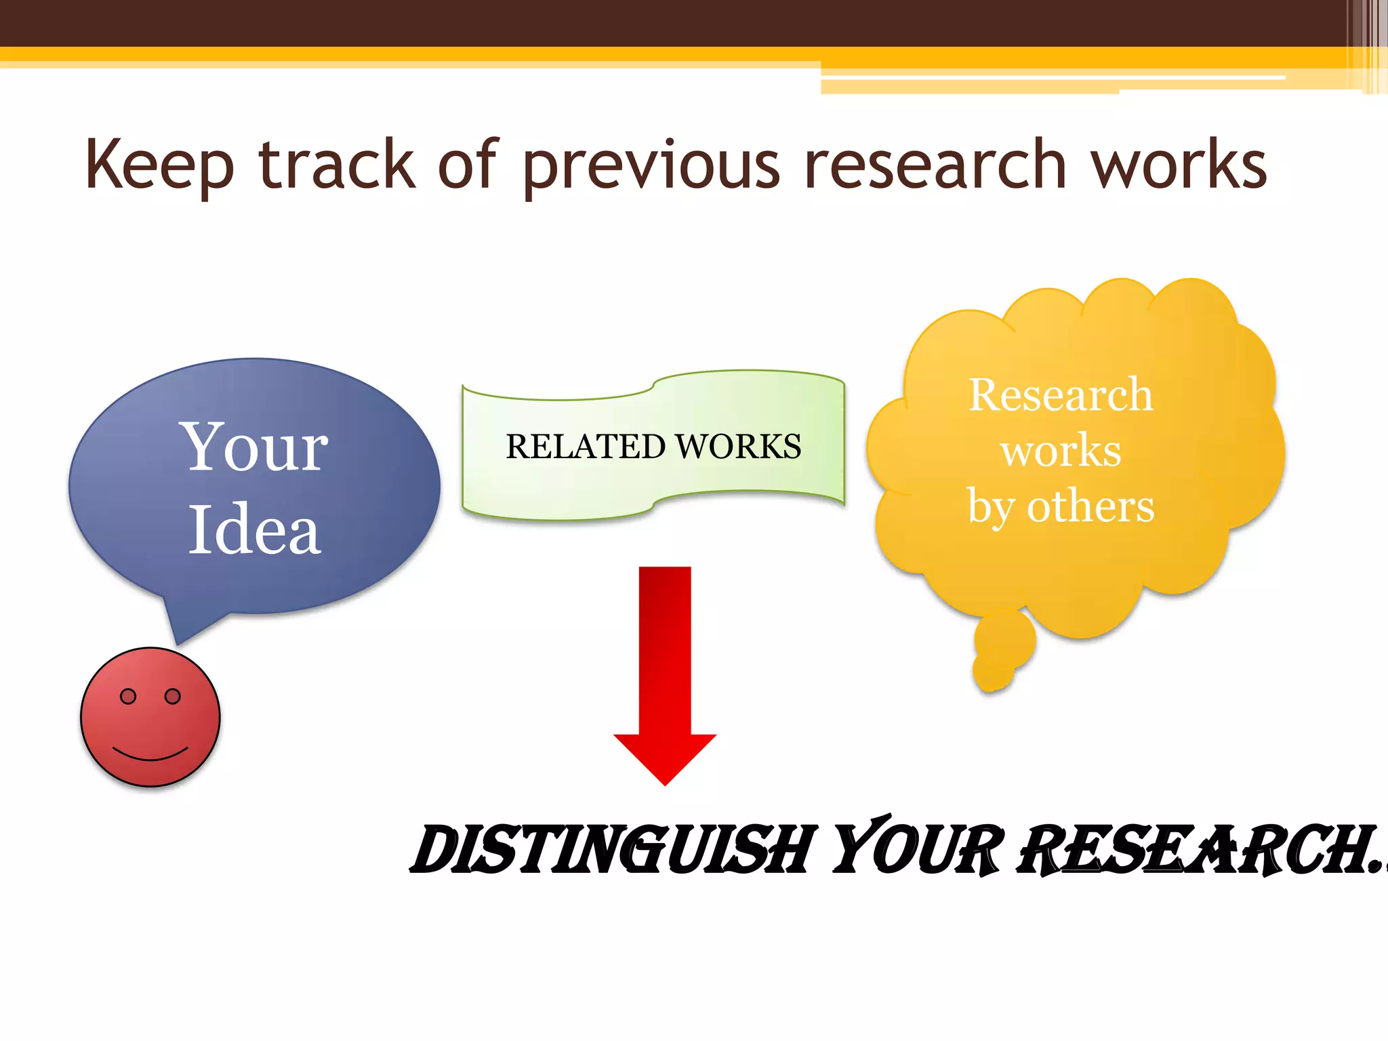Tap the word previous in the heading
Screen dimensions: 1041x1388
point(651,166)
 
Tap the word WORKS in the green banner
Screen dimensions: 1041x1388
point(739,447)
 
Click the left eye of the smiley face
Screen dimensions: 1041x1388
point(128,696)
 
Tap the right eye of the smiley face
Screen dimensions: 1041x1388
point(173,696)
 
